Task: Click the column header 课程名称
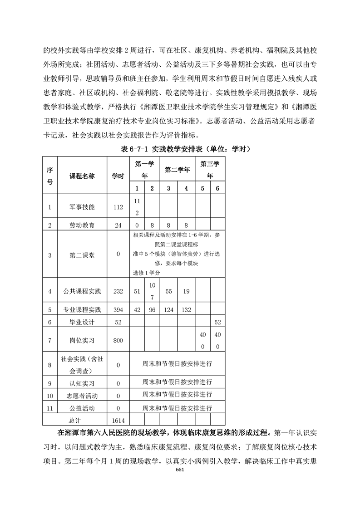click(82, 176)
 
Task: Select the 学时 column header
click(118, 176)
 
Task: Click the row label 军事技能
click(82, 207)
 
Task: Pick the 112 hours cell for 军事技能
click(118, 207)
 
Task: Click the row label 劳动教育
click(82, 225)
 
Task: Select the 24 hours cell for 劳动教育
click(118, 225)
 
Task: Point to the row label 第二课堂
click(82, 255)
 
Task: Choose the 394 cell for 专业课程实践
click(118, 309)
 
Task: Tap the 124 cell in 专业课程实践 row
click(168, 309)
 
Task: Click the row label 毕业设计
click(82, 322)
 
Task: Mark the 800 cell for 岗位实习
click(118, 340)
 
